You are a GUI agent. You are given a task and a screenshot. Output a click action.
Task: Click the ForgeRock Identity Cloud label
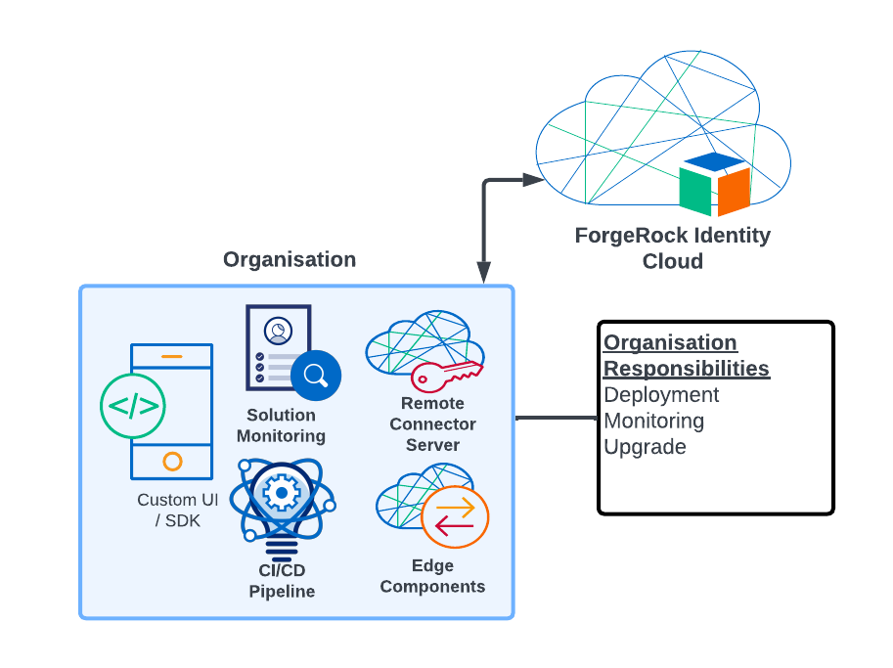point(672,248)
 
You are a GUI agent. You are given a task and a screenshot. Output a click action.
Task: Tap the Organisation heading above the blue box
point(290,259)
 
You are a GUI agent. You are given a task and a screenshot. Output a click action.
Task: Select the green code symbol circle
point(132,405)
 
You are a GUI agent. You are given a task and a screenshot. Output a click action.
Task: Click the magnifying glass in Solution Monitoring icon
point(315,375)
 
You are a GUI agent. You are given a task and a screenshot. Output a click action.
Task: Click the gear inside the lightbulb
point(282,493)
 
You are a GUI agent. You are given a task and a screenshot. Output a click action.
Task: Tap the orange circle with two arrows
point(455,516)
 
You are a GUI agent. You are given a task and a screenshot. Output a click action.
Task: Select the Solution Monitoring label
point(281,425)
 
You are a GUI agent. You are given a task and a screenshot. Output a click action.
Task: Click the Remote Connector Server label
point(432,424)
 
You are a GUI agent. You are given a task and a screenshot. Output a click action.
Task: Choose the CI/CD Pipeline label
point(282,581)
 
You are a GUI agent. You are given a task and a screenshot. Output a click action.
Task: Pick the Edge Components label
point(432,576)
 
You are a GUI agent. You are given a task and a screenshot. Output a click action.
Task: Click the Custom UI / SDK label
point(177,511)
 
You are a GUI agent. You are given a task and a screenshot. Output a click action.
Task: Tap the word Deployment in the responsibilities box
point(661,395)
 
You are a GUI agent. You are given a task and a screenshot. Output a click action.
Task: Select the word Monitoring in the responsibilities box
point(653,422)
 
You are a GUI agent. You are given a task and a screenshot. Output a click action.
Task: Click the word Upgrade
point(645,447)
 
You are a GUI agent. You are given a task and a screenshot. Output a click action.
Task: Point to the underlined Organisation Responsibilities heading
point(686,356)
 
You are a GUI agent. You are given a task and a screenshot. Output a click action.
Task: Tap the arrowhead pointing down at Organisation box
point(483,274)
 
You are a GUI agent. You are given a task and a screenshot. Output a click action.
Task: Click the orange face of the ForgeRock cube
point(734,191)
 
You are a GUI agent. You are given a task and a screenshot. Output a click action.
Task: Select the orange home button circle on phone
point(172,461)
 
